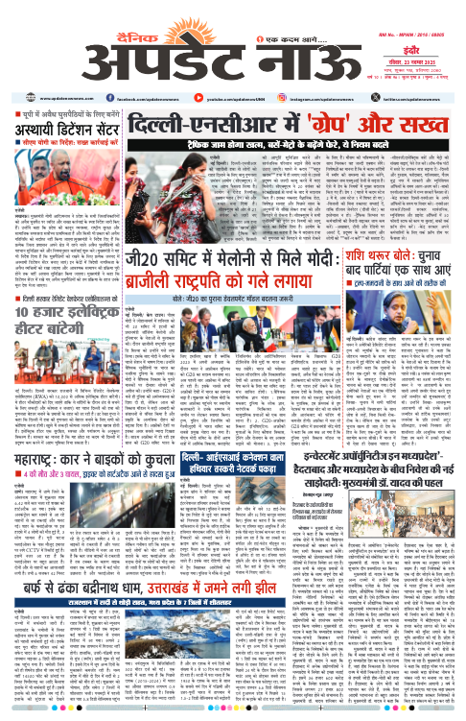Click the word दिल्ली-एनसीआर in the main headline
pos(217,97)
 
